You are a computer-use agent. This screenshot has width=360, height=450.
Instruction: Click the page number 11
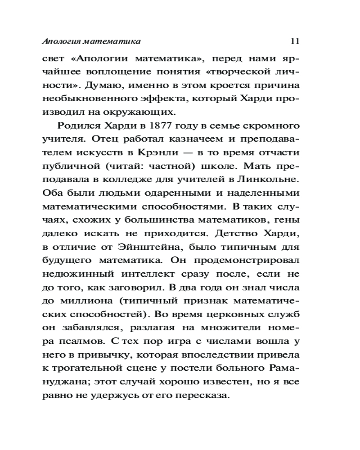coord(295,41)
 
